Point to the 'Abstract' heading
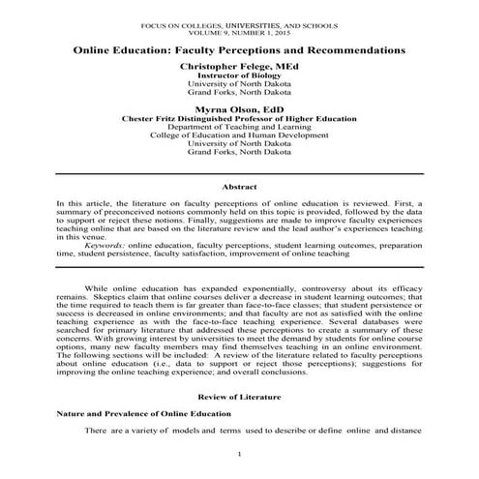[x=239, y=184]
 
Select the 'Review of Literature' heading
[x=239, y=397]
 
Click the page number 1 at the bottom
[x=239, y=453]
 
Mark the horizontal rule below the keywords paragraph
[x=239, y=266]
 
